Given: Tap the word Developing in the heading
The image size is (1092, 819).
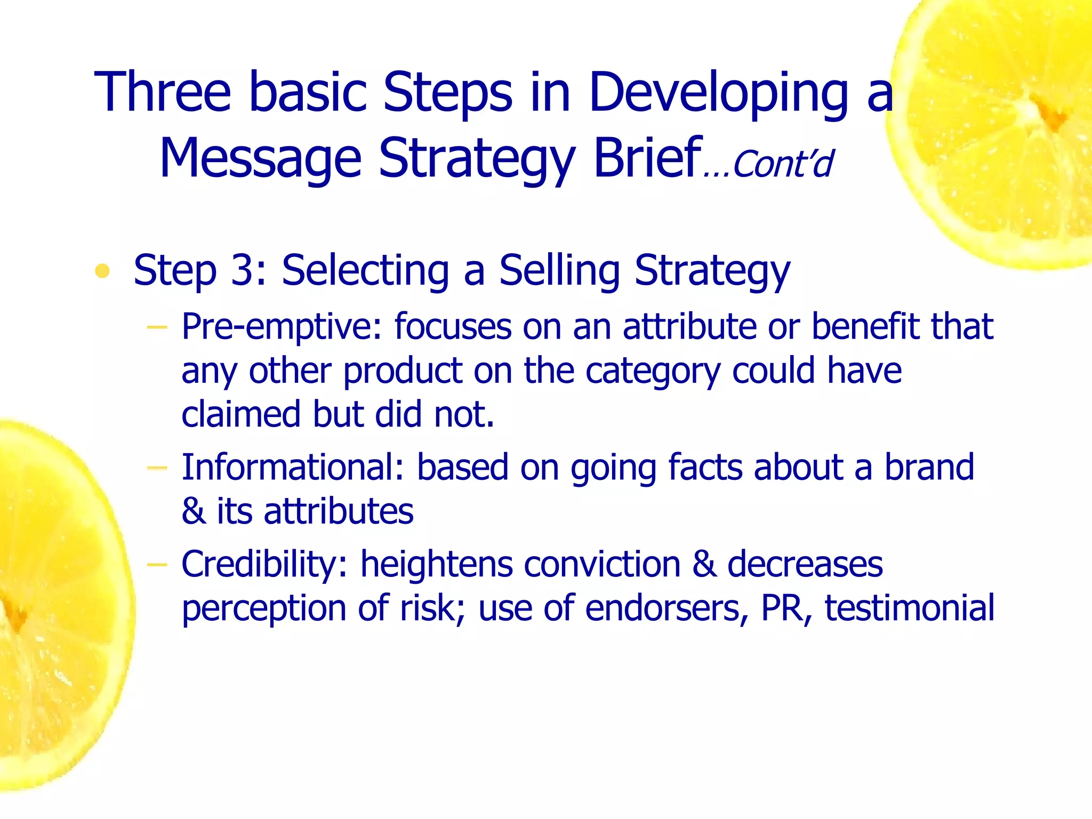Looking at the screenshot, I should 718,93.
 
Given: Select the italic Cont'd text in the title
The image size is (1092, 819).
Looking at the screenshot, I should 783,164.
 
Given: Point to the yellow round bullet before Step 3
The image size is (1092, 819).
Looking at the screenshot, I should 102,271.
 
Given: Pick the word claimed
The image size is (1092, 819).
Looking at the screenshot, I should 242,414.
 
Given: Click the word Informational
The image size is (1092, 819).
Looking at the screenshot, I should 293,467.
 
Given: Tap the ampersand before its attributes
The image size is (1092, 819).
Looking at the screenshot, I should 193,511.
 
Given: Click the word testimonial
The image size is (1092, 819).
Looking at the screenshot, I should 909,608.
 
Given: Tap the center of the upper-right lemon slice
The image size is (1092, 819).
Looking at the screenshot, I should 1032,109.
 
